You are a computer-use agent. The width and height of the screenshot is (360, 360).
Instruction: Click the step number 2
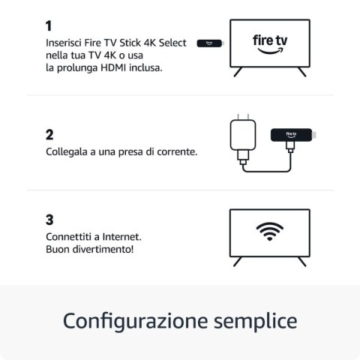49,135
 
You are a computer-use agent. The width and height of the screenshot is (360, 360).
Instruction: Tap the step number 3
49,220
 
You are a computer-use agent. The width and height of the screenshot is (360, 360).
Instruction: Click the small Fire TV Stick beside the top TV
205,43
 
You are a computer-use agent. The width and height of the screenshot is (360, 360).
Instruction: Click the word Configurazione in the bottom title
130,321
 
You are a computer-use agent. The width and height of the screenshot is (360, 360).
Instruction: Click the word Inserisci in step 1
65,40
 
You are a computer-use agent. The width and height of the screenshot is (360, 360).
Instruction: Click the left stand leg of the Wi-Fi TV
238,261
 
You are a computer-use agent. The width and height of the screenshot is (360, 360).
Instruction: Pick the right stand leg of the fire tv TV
302,72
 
